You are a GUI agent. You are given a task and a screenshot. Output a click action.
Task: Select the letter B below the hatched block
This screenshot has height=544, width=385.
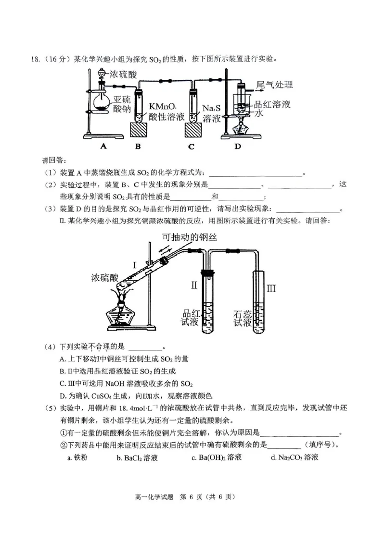138,147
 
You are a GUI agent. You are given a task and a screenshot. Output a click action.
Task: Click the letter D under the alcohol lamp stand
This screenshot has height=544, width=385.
237,147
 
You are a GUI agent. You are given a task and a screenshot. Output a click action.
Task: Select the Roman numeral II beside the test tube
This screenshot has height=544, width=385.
194,285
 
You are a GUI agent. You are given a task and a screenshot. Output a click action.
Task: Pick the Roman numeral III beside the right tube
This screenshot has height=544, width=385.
272,288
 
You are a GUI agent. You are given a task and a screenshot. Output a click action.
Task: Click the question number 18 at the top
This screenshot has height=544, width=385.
34,60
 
